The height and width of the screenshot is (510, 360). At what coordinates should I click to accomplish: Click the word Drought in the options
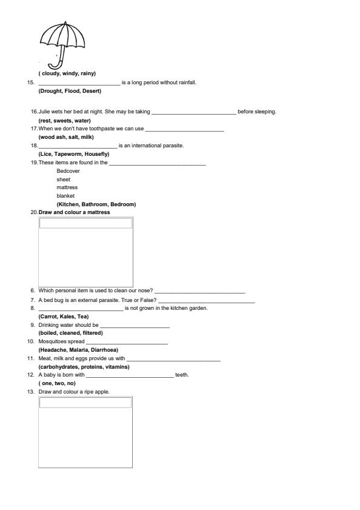[50, 91]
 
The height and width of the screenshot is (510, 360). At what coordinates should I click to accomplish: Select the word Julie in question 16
[45, 112]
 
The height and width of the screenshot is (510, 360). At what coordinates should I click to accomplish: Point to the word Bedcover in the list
[68, 171]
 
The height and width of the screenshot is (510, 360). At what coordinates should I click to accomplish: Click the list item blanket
[65, 196]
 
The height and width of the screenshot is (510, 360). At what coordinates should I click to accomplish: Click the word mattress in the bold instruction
[99, 212]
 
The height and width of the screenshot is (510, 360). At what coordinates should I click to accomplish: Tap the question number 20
[33, 212]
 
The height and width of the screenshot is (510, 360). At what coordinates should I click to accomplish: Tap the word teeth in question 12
[182, 375]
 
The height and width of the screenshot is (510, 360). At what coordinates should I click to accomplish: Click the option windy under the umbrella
[70, 73]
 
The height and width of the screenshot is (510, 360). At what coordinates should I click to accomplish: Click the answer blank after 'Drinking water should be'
[135, 325]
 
